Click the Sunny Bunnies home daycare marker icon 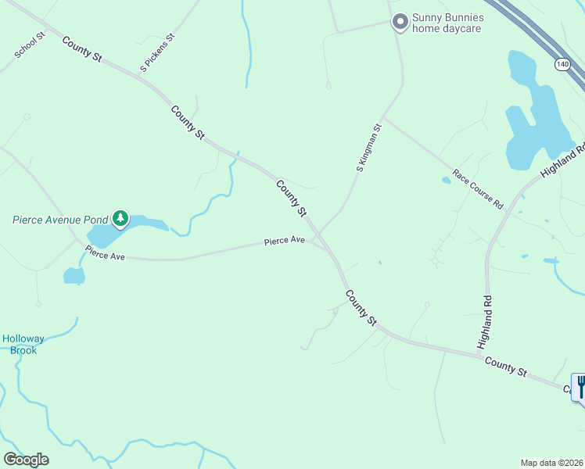[400, 21]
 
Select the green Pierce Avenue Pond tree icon [120, 218]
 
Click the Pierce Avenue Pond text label [59, 220]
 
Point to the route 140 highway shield [562, 64]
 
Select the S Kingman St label [369, 147]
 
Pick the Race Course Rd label [477, 188]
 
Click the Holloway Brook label [23, 344]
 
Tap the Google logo [26, 460]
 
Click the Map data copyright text [552, 463]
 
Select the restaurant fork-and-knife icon [580, 386]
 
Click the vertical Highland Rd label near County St [486, 320]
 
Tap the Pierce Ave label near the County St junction [284, 241]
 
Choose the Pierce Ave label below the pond [105, 255]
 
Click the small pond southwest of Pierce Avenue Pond [74, 275]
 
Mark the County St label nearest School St [82, 48]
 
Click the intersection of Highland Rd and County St [481, 356]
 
